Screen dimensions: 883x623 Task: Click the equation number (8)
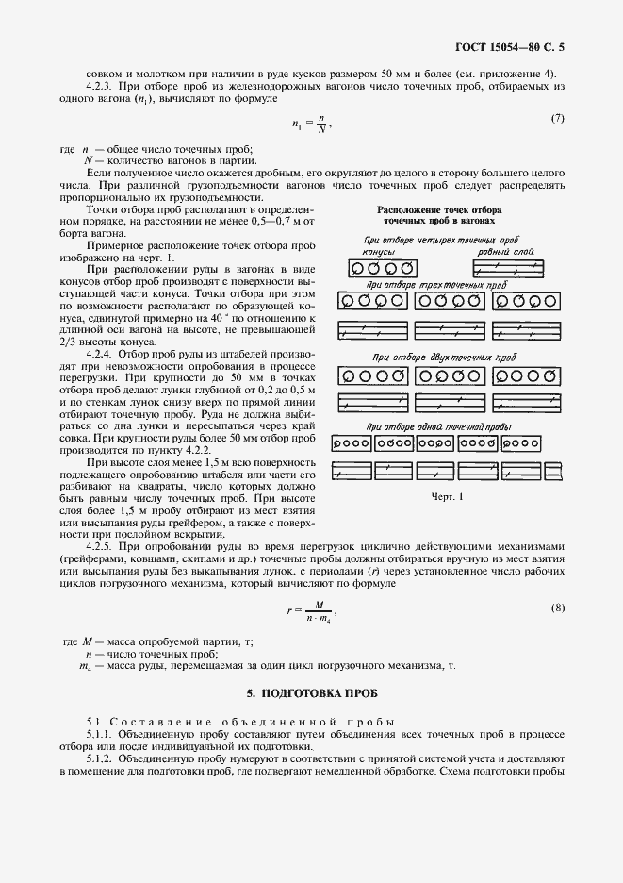pos(557,608)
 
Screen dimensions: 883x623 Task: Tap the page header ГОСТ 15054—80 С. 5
pos(509,45)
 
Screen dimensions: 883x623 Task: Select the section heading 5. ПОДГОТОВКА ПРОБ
pos(311,693)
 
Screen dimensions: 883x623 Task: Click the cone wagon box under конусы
pos(380,269)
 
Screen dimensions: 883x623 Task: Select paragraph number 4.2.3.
pos(99,87)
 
